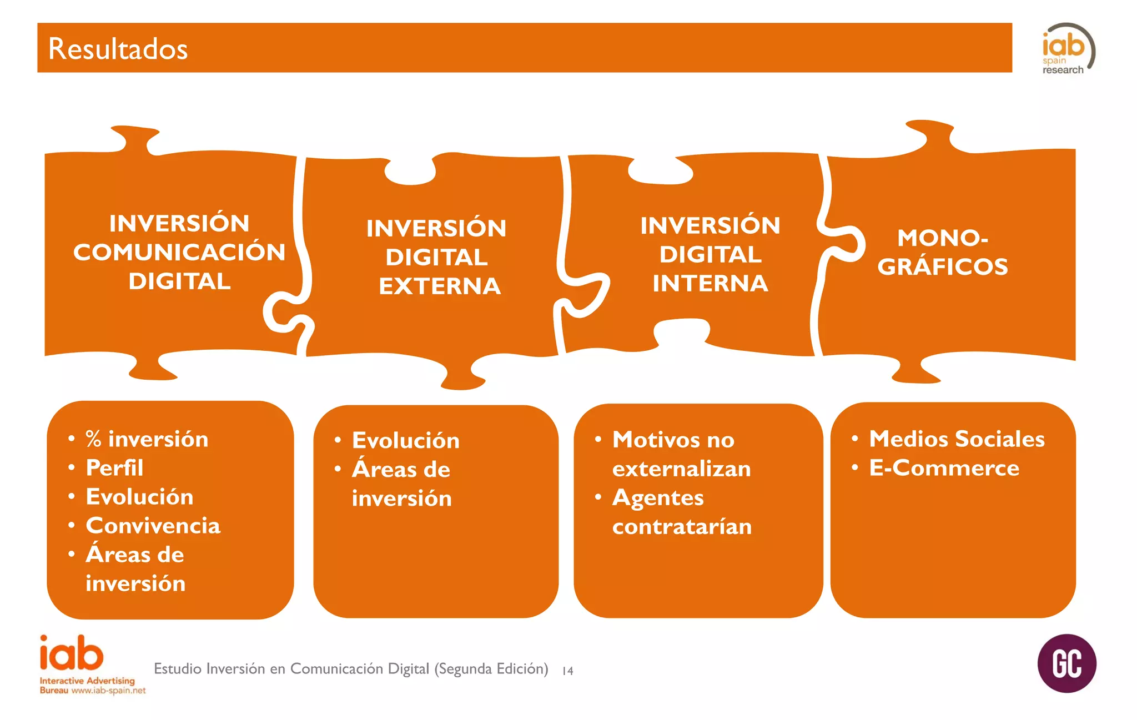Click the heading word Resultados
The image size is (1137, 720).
tap(118, 49)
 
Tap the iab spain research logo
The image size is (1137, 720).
tap(1066, 49)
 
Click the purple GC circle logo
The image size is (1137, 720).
tap(1066, 663)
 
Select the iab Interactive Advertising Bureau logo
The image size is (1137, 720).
tap(72, 655)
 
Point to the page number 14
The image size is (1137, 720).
tap(567, 671)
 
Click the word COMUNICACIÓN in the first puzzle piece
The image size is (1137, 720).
tap(179, 252)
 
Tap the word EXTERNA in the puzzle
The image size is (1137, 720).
tap(440, 286)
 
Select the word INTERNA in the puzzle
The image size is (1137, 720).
tap(710, 284)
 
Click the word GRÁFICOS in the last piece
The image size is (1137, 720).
tap(942, 267)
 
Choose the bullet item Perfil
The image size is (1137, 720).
tap(114, 468)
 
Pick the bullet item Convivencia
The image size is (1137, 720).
tap(153, 526)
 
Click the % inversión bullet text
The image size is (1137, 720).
tap(147, 439)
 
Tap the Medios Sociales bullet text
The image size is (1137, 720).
tap(957, 439)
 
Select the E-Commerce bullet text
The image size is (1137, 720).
tap(944, 468)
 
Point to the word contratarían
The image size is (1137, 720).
tap(682, 526)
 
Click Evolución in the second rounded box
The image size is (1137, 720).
tap(405, 441)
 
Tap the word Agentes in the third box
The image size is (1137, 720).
tap(658, 498)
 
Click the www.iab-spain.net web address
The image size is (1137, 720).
tap(108, 691)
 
